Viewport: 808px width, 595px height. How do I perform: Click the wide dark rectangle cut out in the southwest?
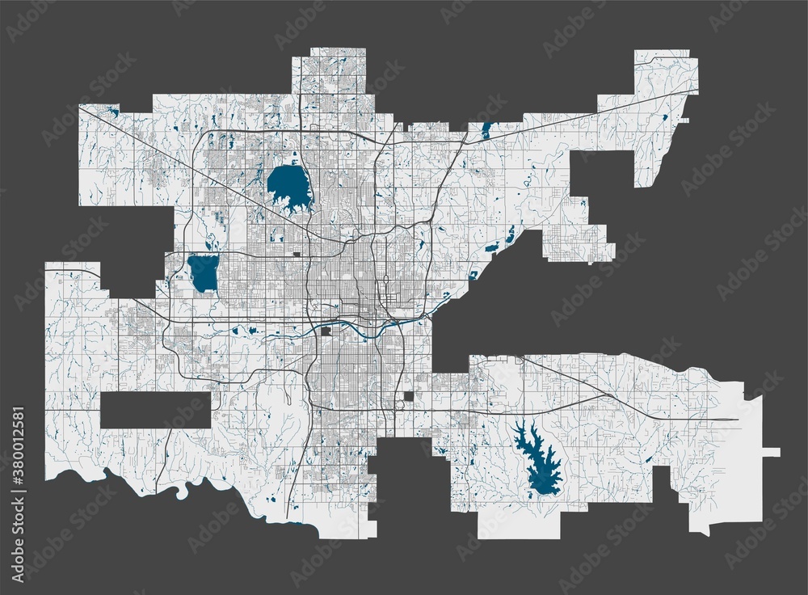(155, 410)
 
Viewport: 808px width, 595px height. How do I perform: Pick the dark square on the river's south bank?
(326, 331)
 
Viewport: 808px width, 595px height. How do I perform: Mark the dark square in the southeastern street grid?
(409, 396)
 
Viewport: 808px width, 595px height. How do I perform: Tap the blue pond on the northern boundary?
(487, 130)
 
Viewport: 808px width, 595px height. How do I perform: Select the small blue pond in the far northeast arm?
(665, 118)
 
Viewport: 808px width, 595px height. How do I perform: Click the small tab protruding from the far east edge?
(771, 453)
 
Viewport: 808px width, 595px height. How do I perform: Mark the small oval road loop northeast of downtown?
(386, 283)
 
